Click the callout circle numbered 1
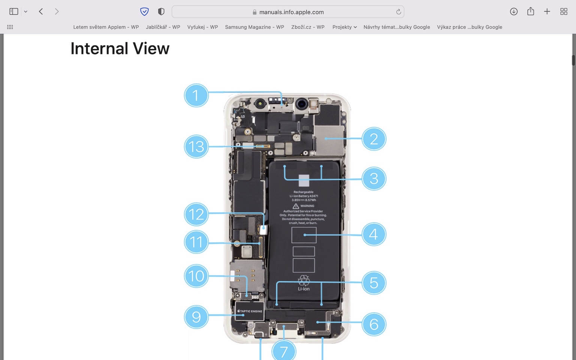196,95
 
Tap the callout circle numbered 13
196,147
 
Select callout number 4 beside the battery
373,234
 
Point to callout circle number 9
196,317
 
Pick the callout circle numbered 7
284,351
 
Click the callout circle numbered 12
196,214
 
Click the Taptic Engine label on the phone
250,311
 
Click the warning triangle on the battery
296,206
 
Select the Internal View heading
120,49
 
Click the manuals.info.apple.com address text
291,12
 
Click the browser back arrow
41,12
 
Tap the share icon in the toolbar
530,12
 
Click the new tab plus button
547,12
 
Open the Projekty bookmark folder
344,27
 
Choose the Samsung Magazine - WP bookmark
254,27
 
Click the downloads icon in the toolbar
514,12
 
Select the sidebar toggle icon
14,12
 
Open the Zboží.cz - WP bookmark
307,27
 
